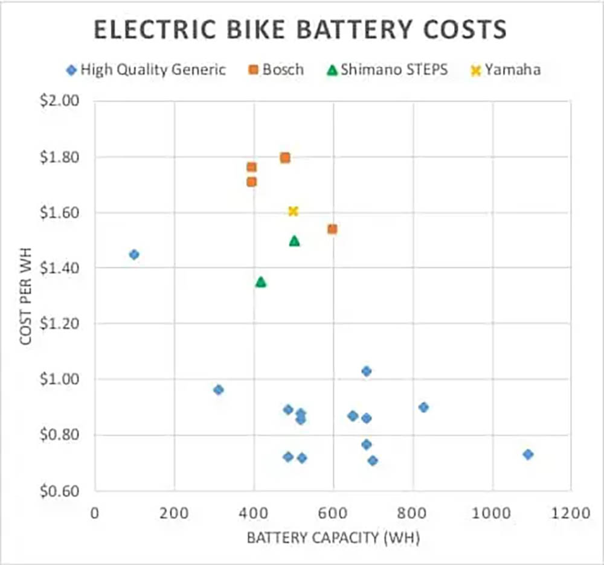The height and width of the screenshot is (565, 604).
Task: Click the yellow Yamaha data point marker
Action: (x=293, y=211)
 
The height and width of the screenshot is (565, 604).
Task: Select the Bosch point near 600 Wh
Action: (x=332, y=229)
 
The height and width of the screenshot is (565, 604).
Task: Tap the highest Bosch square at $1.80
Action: (x=285, y=158)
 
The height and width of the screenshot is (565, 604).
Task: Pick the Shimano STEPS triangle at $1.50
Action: (x=294, y=241)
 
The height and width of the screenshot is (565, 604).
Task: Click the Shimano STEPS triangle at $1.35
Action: (x=261, y=282)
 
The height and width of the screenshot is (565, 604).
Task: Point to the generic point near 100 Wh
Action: (x=134, y=254)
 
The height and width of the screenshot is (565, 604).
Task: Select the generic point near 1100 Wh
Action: (x=528, y=454)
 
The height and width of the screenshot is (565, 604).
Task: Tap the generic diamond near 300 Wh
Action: (x=219, y=389)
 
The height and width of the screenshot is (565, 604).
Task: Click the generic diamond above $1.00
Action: (x=366, y=371)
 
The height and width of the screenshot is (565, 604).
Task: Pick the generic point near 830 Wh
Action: (x=423, y=407)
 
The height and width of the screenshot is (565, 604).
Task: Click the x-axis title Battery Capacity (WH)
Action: (x=333, y=537)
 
